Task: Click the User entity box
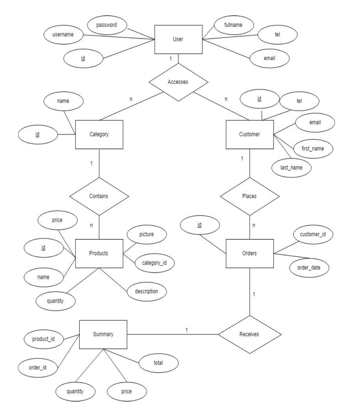(178, 39)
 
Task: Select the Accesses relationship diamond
(178, 82)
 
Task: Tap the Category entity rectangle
(99, 135)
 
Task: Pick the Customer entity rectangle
(250, 135)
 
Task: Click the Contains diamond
(99, 196)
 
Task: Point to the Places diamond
(250, 196)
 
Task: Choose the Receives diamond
(250, 334)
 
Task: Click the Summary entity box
(103, 335)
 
